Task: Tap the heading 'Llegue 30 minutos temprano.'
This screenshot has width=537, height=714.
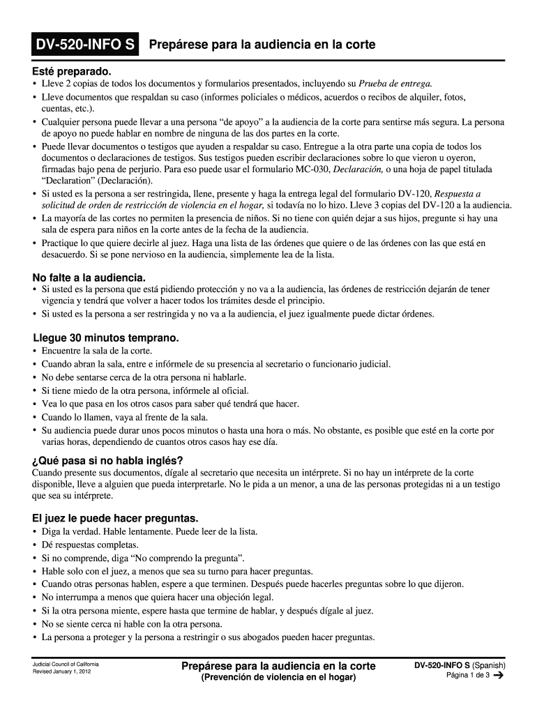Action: (101, 338)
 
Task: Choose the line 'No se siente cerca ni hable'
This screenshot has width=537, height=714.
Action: (132, 624)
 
